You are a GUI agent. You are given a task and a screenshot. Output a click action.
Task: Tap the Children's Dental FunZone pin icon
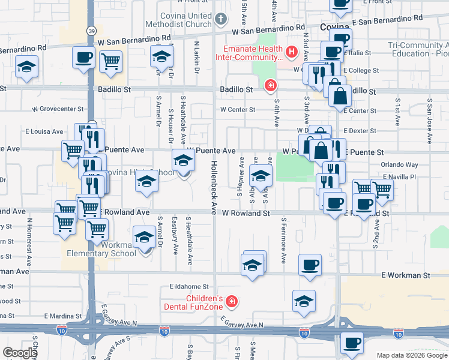[x=232, y=302]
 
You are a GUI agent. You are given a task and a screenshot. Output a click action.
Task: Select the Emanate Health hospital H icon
[x=292, y=52]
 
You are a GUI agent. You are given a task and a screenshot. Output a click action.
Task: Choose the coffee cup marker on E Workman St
[x=310, y=265]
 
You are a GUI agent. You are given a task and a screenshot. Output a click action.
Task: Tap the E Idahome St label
[x=188, y=287]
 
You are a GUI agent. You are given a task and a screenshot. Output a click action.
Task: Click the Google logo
[x=20, y=353]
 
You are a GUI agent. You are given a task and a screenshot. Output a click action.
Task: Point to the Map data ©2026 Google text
[x=412, y=355]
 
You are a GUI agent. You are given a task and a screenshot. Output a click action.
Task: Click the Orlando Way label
[x=399, y=164]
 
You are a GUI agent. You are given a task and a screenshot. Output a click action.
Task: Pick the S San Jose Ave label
[x=430, y=121]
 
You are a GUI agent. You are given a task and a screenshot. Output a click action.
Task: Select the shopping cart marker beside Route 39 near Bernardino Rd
[x=110, y=61]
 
